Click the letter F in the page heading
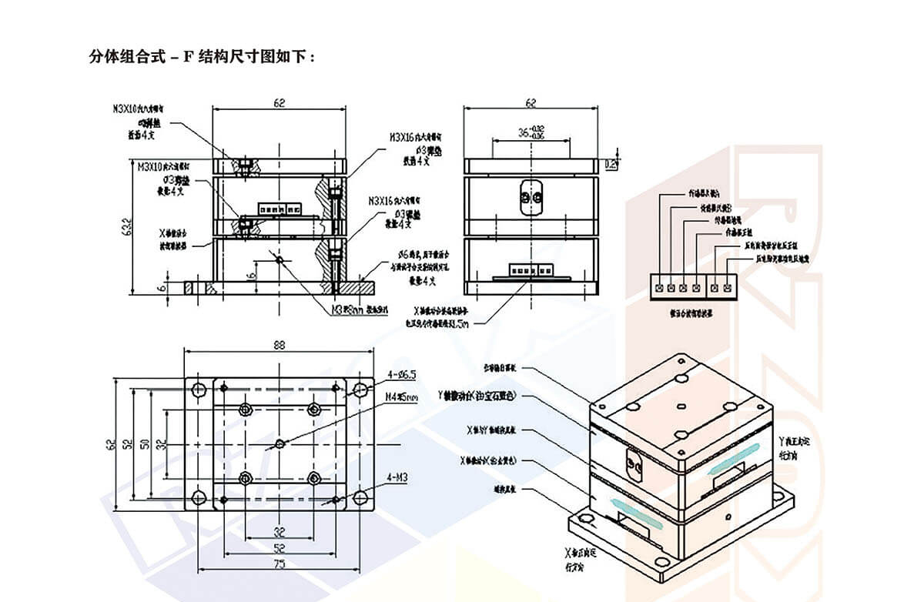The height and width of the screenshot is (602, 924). tap(187, 57)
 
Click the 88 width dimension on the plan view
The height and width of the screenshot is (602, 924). tap(278, 346)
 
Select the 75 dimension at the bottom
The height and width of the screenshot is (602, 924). tap(278, 564)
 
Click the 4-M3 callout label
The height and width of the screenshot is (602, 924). tap(397, 478)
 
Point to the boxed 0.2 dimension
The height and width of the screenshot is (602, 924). tap(611, 163)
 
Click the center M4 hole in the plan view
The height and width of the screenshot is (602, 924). tap(279, 443)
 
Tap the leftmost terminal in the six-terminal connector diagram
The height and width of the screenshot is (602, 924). tap(660, 288)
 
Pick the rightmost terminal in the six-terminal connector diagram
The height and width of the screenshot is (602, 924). tap(728, 288)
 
